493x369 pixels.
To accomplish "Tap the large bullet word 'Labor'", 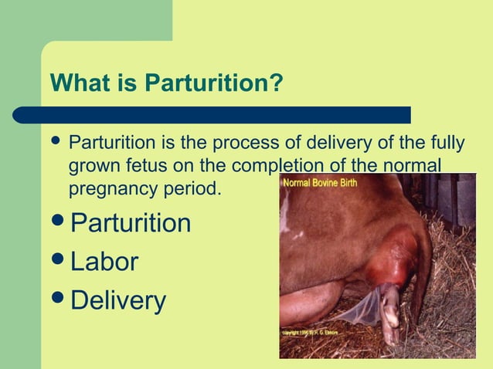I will coord(104,262).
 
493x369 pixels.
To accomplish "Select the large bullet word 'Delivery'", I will coord(117,300).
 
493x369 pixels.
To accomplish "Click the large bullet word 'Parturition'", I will coord(130,223).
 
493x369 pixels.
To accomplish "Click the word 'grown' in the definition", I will coord(91,165).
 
